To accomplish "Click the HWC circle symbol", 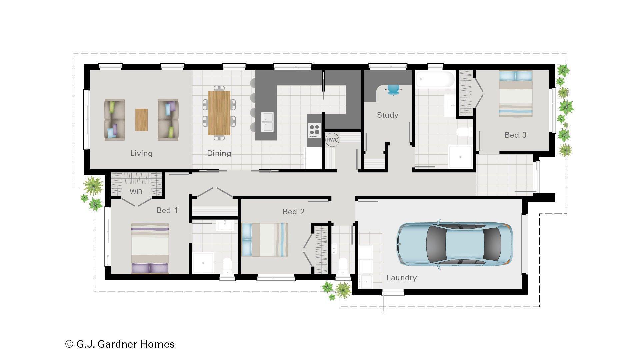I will (332, 140).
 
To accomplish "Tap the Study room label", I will (387, 115).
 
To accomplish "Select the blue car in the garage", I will (455, 244).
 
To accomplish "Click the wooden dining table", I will (219, 113).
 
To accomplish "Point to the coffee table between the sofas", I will (141, 120).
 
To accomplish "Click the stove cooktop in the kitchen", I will (314, 130).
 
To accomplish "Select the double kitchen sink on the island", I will (267, 122).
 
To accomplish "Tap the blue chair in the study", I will (393, 89).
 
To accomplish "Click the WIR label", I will (136, 192).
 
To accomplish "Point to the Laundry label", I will (401, 278).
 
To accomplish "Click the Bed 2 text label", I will (293, 212).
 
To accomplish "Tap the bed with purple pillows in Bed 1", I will (150, 248).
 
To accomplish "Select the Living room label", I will (141, 153).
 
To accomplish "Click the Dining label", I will (219, 153).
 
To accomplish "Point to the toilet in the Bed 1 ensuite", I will (227, 266).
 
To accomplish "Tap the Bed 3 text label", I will (515, 135).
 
